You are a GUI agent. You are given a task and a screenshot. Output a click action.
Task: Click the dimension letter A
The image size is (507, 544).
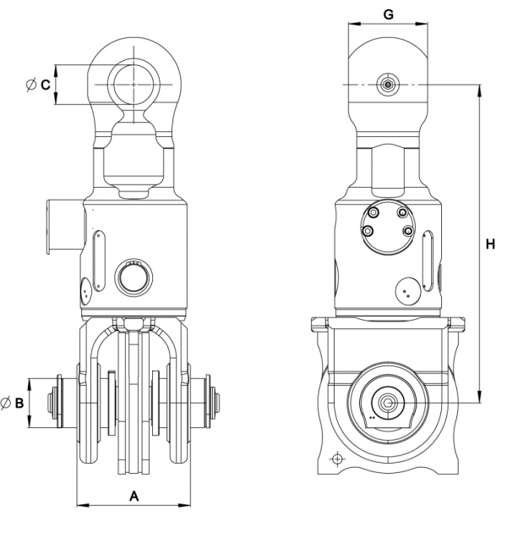pos(134,496)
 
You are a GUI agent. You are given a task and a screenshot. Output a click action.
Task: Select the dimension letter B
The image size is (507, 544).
pos(19,403)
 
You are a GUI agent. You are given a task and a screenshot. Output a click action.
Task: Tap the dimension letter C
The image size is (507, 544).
pos(46,85)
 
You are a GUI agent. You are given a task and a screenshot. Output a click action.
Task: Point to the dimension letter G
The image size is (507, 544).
pos(389,14)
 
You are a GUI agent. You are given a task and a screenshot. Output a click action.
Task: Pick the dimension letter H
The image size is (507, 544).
pos(490,245)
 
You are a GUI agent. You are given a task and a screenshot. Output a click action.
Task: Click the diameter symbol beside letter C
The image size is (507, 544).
pos(31,85)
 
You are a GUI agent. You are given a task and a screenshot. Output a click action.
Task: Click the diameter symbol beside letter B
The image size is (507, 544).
pos(6,403)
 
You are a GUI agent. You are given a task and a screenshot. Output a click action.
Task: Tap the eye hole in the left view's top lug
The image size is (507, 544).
pos(134,85)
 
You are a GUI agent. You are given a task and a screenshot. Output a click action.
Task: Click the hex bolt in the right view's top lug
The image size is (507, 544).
pos(388,85)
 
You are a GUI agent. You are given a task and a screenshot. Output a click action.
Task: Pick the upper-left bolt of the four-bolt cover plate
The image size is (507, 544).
pos(373,213)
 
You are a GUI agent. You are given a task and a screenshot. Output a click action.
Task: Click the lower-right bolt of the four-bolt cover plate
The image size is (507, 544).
pos(409,231)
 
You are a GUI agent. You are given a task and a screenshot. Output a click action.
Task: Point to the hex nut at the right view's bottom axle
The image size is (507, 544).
pos(388,403)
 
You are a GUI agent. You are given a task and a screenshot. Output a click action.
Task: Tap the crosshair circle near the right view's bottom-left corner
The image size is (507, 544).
pos(337,459)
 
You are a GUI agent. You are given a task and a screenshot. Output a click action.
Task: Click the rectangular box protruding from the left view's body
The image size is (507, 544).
pos(65,226)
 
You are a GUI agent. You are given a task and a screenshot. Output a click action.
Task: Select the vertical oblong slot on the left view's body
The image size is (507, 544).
pos(99,260)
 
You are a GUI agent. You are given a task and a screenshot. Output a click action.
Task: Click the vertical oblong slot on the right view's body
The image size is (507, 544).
pos(428,260)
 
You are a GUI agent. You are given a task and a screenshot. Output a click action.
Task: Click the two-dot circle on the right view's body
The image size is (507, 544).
pos(408,291)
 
